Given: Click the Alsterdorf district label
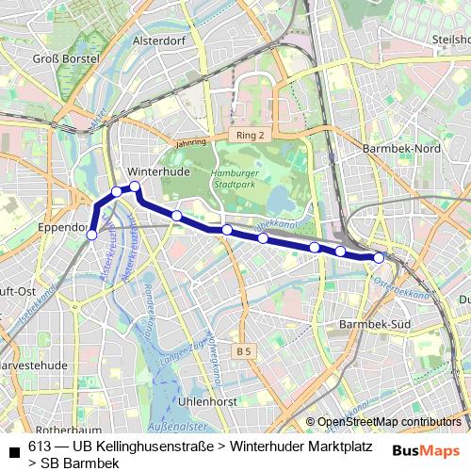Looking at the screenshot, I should (163, 41).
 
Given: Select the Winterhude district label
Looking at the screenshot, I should (158, 172).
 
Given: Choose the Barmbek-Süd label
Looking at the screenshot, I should (370, 325).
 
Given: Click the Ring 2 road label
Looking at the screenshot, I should (251, 137).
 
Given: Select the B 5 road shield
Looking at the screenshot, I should (245, 351).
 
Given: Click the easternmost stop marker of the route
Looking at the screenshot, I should (379, 257).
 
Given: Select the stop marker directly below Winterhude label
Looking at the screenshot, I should (135, 187).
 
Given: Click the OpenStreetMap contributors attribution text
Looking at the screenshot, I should (389, 422).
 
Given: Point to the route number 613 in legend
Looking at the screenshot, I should (41, 446).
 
